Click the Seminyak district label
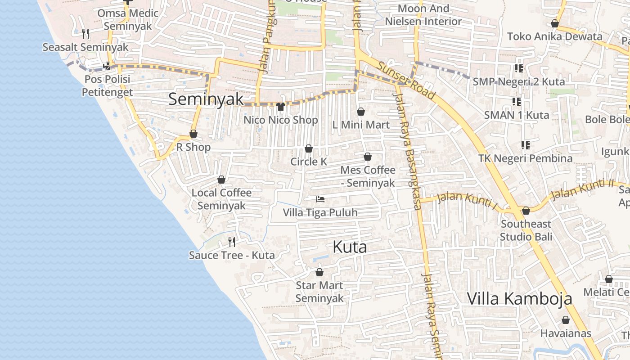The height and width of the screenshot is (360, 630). (x=206, y=99)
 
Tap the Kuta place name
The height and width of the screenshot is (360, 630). (x=350, y=247)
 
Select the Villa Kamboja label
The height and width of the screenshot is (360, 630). (x=519, y=298)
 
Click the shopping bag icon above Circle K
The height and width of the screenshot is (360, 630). (x=309, y=148)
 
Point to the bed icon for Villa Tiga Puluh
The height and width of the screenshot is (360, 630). (x=320, y=199)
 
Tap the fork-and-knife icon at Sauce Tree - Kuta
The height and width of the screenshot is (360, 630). (x=232, y=242)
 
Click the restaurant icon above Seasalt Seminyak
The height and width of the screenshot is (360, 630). (x=85, y=33)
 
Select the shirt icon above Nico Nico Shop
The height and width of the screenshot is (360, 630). (x=281, y=107)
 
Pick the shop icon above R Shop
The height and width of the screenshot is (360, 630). (x=193, y=134)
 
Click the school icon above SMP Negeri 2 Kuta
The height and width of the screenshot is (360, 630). (x=518, y=68)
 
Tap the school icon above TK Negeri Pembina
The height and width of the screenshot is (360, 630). (x=525, y=145)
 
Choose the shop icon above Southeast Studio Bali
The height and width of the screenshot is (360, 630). (x=526, y=211)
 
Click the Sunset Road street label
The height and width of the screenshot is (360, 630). (x=406, y=81)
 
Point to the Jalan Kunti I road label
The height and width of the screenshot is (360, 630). (x=468, y=201)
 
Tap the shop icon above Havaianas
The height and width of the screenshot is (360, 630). (x=566, y=320)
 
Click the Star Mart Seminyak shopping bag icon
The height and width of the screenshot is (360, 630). (x=319, y=272)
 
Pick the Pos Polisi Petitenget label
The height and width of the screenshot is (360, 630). (x=107, y=85)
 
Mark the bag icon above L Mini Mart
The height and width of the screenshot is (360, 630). (x=361, y=112)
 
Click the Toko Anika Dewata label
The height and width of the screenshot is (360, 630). (x=554, y=36)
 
